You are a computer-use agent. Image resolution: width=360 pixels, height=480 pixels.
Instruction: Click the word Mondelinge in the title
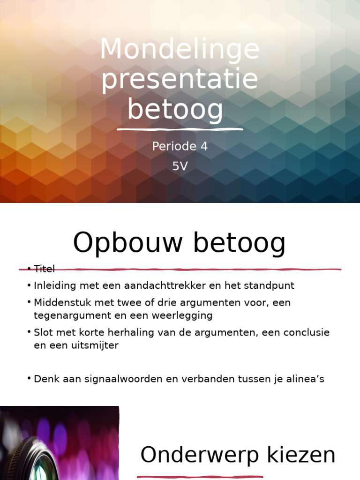click(x=180, y=50)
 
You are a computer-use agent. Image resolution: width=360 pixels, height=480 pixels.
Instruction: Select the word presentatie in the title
click(x=180, y=80)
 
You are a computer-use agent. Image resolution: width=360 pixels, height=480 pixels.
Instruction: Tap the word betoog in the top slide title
click(x=175, y=109)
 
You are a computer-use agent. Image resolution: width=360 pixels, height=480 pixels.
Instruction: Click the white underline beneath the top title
click(x=180, y=129)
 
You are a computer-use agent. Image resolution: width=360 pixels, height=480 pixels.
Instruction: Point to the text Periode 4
click(x=180, y=147)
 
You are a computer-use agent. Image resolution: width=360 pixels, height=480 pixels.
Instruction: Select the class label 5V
click(x=180, y=166)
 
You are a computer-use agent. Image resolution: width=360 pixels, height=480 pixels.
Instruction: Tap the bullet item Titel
click(x=44, y=269)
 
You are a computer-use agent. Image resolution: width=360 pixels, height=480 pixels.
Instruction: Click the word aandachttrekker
click(x=164, y=285)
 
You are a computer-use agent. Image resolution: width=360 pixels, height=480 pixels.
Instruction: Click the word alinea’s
click(x=305, y=379)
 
